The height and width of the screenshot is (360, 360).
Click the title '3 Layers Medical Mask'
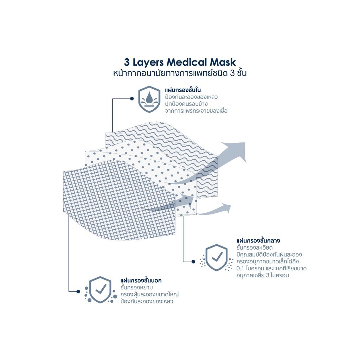[180, 62]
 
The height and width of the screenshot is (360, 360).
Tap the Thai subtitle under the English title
[180, 73]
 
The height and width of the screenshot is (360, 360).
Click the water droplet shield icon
[149, 99]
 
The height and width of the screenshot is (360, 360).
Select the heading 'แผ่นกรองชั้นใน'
[183, 90]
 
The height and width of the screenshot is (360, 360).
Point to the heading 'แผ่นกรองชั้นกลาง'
[258, 240]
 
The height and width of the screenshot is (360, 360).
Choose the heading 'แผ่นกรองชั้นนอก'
[141, 280]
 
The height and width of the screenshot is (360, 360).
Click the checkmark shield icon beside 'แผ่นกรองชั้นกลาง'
[216, 258]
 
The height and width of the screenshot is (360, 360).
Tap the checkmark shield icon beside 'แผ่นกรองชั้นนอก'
[100, 290]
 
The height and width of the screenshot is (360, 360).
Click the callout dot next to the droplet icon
[132, 98]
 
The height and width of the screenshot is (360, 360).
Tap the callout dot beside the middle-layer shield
[193, 262]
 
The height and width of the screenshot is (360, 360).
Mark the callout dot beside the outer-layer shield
[78, 291]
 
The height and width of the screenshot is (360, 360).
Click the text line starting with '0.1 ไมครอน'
[272, 268]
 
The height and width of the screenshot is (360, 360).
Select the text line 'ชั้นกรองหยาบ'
[137, 288]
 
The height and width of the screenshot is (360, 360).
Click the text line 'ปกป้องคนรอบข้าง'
[186, 104]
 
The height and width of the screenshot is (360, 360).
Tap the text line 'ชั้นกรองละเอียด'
[255, 248]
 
